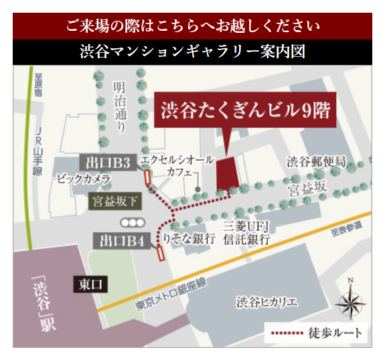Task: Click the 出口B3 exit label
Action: pyautogui.click(x=109, y=161)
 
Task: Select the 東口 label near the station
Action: pyautogui.click(x=89, y=284)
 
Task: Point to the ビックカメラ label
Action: pyautogui.click(x=84, y=179)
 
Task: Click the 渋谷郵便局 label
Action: pyautogui.click(x=316, y=161)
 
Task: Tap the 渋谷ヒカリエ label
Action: pyautogui.click(x=266, y=302)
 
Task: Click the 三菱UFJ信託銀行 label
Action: pyautogui.click(x=246, y=232)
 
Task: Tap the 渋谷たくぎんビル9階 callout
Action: pyautogui.click(x=246, y=110)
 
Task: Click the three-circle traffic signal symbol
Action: pyautogui.click(x=132, y=222)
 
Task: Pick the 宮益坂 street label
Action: pyautogui.click(x=305, y=191)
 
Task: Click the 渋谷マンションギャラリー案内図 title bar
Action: pyautogui.click(x=191, y=52)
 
